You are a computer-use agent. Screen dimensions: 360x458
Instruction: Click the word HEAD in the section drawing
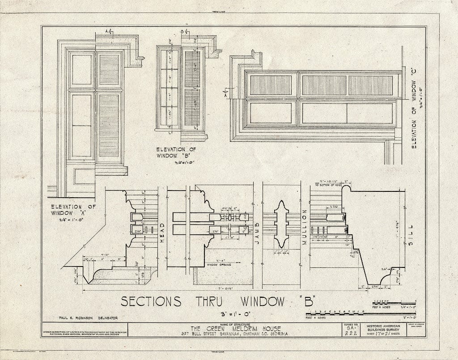coord(162,232)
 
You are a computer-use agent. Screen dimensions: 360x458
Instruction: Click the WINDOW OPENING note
coord(219,265)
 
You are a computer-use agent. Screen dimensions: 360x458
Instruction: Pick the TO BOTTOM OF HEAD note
coord(330,185)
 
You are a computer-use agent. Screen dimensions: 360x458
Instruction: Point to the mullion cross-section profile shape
coord(281,224)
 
